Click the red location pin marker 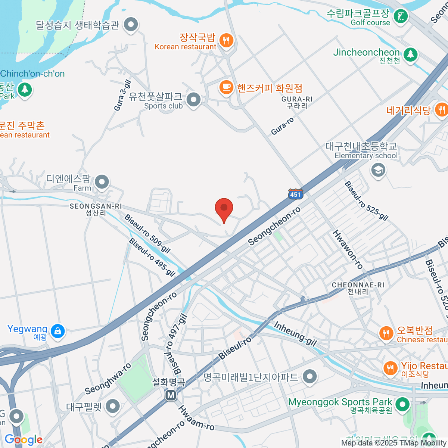pyautogui.click(x=224, y=208)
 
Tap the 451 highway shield pyautogui.click(x=295, y=194)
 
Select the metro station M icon pyautogui.click(x=171, y=395)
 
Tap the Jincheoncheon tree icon pyautogui.click(x=410, y=55)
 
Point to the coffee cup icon pyautogui.click(x=226, y=87)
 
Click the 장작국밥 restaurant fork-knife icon pyautogui.click(x=226, y=40)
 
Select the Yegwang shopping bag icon pyautogui.click(x=57, y=331)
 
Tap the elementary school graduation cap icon pyautogui.click(x=378, y=170)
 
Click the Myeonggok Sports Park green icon pyautogui.click(x=402, y=404)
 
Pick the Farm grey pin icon pyautogui.click(x=102, y=183)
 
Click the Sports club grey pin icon pyautogui.click(x=193, y=100)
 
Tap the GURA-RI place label pyautogui.click(x=297, y=102)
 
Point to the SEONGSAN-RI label pyautogui.click(x=96, y=209)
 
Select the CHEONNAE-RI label pyautogui.click(x=358, y=288)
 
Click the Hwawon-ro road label pyautogui.click(x=348, y=249)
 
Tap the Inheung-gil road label pyautogui.click(x=295, y=333)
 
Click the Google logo pyautogui.click(x=23, y=439)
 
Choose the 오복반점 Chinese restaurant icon pyautogui.click(x=386, y=333)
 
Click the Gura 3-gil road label pyautogui.click(x=122, y=96)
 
